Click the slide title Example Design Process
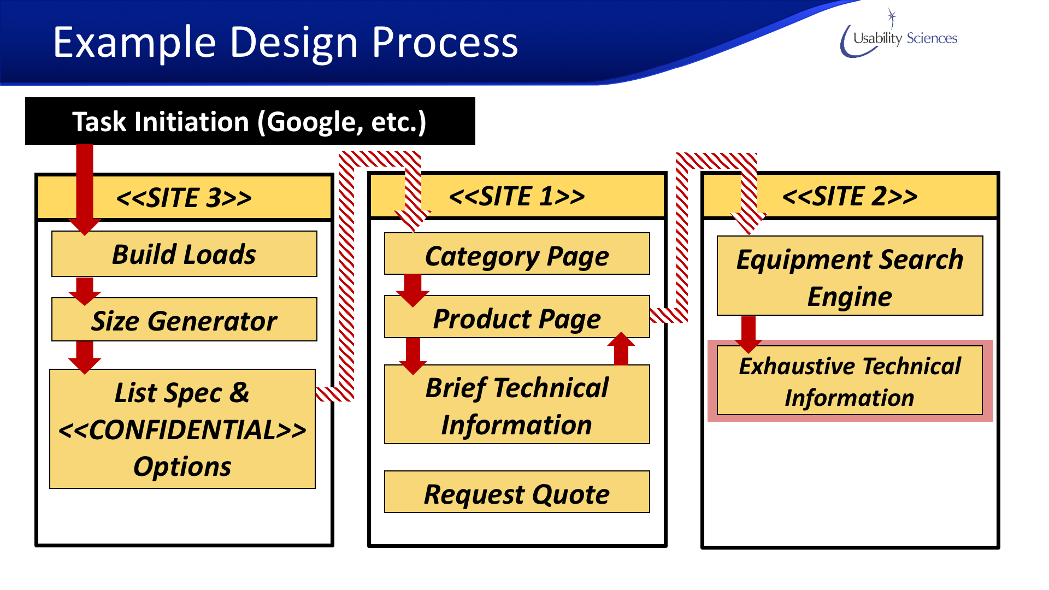(x=285, y=43)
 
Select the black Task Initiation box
(x=250, y=121)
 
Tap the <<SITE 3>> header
(x=184, y=197)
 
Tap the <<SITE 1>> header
(x=517, y=196)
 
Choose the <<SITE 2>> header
(x=850, y=196)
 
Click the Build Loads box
(x=184, y=254)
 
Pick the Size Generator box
(x=184, y=320)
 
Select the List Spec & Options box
(x=182, y=429)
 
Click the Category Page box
(x=517, y=255)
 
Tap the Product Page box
(x=517, y=318)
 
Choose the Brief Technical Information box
(x=517, y=405)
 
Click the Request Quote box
(x=517, y=493)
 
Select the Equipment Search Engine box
(x=850, y=276)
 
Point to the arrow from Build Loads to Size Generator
(x=85, y=290)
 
